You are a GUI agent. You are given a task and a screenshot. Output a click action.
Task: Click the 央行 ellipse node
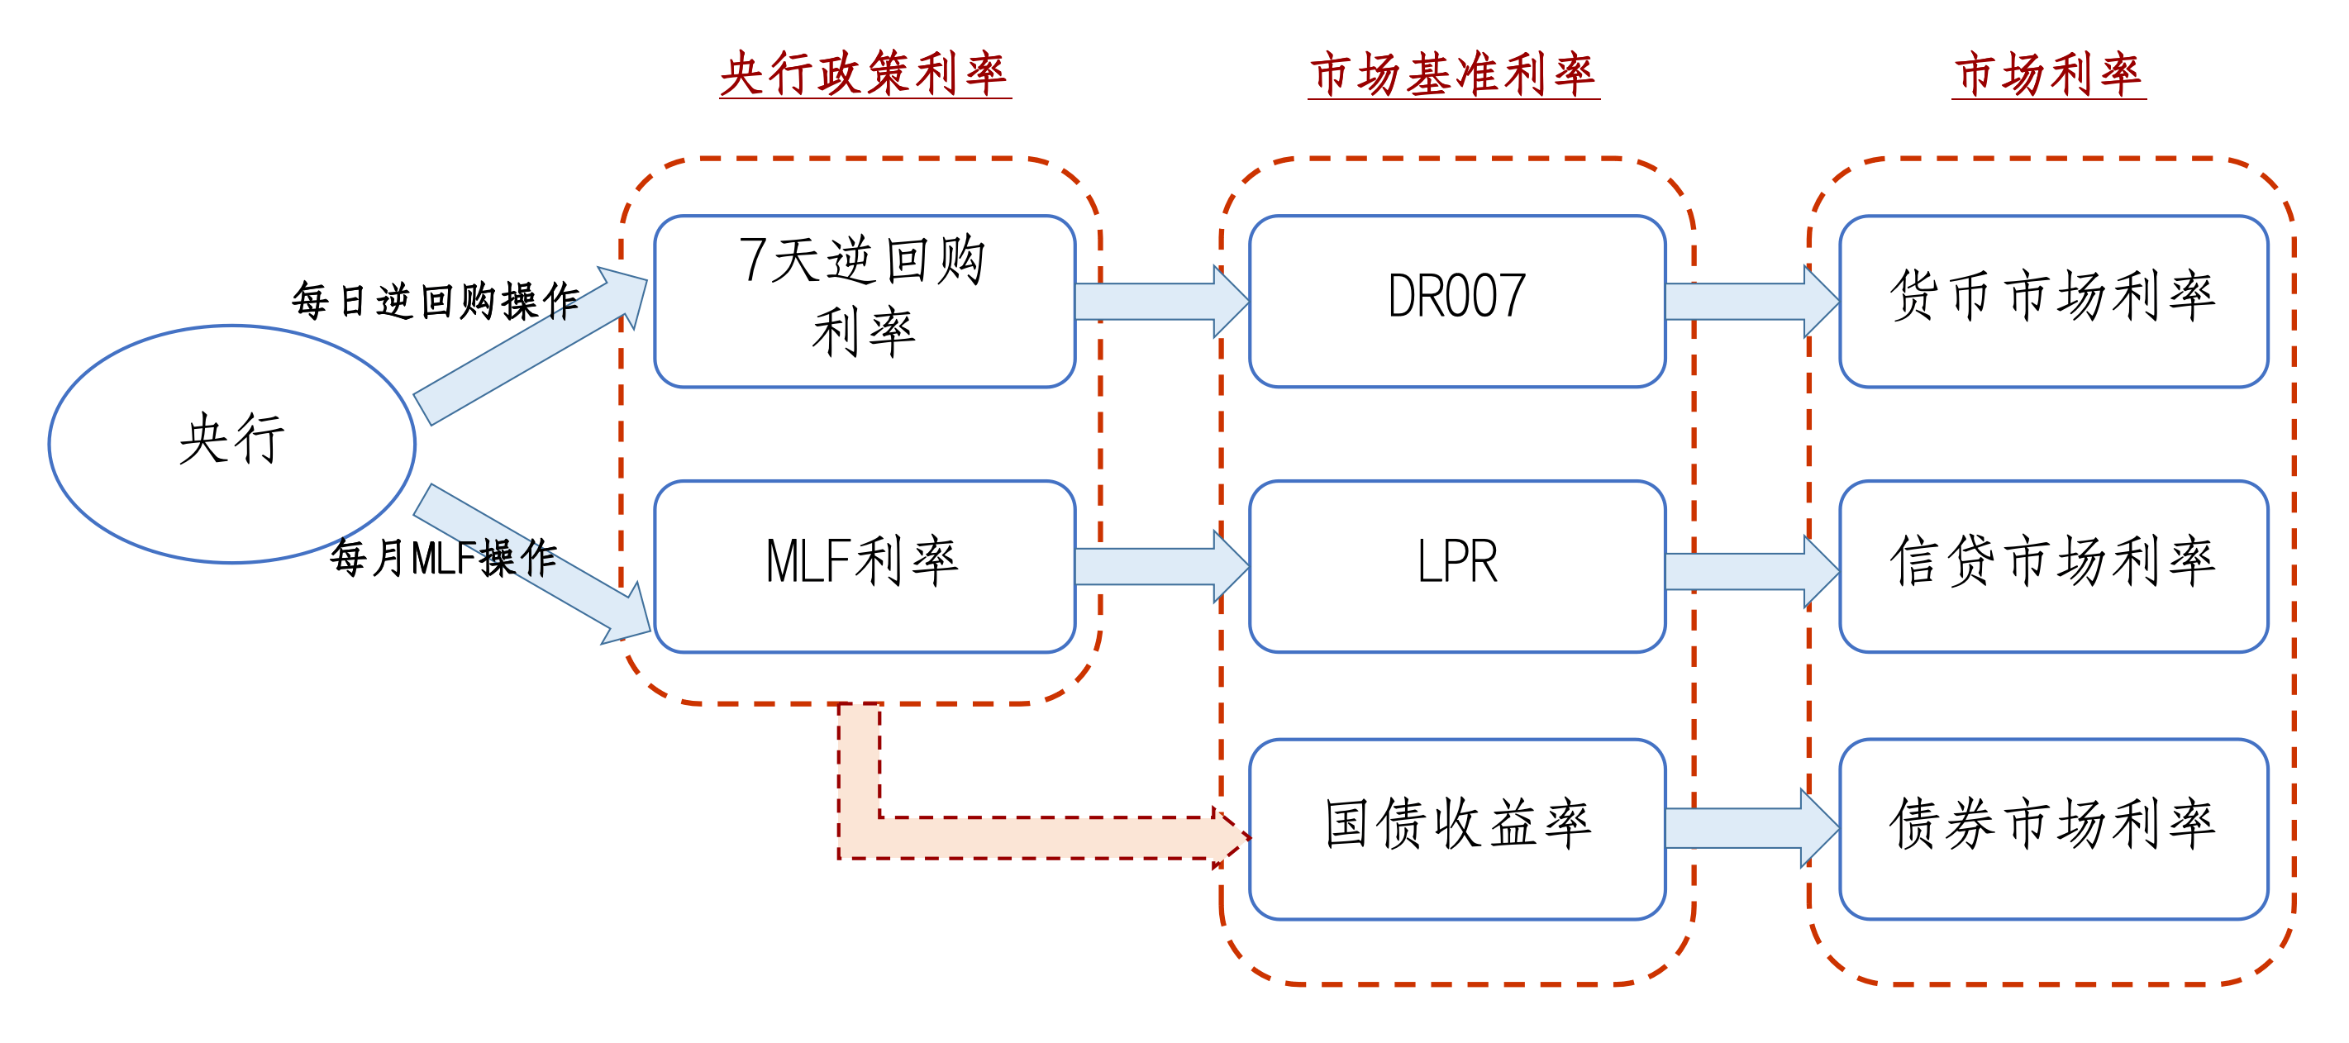[231, 443]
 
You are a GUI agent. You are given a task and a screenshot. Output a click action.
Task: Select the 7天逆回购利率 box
[864, 301]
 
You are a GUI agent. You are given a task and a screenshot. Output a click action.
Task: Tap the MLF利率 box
[864, 565]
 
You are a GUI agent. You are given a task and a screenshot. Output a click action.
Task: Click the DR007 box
[1456, 301]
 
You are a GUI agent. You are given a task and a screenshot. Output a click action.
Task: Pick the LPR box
[1456, 565]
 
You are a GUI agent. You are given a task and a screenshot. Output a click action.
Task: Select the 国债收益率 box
[1456, 828]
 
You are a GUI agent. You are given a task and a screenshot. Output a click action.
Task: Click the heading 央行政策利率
[864, 73]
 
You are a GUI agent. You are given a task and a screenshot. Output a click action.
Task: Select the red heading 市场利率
[2048, 73]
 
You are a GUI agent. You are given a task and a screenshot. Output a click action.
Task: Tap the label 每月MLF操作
[443, 557]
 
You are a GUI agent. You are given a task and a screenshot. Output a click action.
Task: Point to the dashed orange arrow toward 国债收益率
[1040, 837]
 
